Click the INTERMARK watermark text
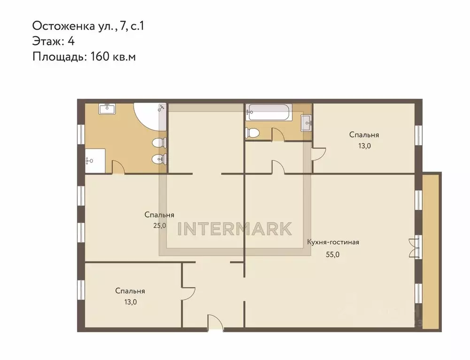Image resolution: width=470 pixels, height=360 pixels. click(235, 229)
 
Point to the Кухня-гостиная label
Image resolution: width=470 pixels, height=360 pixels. click(333, 242)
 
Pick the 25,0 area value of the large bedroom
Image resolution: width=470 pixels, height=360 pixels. click(159, 225)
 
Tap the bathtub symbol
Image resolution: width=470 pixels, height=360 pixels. click(268, 112)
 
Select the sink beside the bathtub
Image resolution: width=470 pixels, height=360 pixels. click(306, 123)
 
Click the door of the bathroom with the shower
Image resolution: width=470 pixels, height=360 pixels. click(117, 166)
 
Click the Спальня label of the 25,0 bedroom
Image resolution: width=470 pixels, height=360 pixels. click(159, 214)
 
